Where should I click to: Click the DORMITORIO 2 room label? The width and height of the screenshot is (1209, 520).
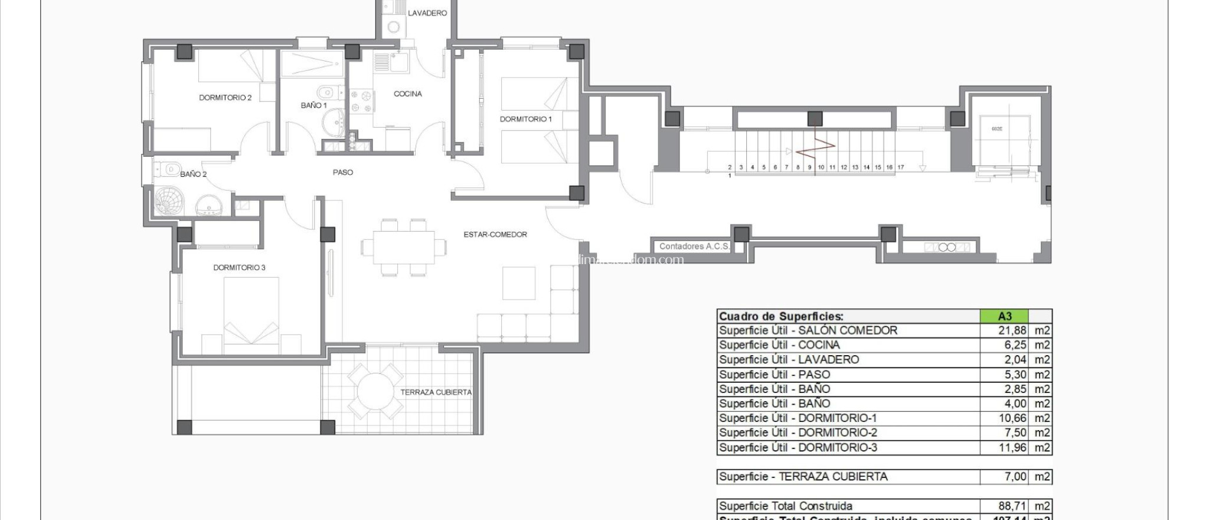point(225,97)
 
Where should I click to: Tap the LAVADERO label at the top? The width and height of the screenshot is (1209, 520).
point(427,13)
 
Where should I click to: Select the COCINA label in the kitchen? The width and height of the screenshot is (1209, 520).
point(408,94)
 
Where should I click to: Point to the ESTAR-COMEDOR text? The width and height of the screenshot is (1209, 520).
point(495,235)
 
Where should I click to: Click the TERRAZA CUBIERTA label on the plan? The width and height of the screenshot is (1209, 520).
point(436,392)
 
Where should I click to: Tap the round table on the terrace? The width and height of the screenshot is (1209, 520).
point(375,391)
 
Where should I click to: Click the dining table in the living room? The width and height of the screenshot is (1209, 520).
point(404,248)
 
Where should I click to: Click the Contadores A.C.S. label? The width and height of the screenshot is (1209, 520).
point(694,246)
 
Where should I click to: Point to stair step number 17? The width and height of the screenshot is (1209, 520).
point(901,167)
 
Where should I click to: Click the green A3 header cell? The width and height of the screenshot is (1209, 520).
point(1004,316)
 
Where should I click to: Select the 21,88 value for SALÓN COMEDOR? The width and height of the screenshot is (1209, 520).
point(1012,331)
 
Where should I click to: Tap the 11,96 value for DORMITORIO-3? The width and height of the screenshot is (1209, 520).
point(1012,448)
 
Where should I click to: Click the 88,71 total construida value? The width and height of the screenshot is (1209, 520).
point(1012,506)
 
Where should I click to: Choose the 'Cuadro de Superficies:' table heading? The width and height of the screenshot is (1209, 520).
point(781,316)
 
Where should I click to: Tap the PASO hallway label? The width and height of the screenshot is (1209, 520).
point(342,173)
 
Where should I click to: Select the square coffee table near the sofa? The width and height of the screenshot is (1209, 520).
point(519,283)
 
